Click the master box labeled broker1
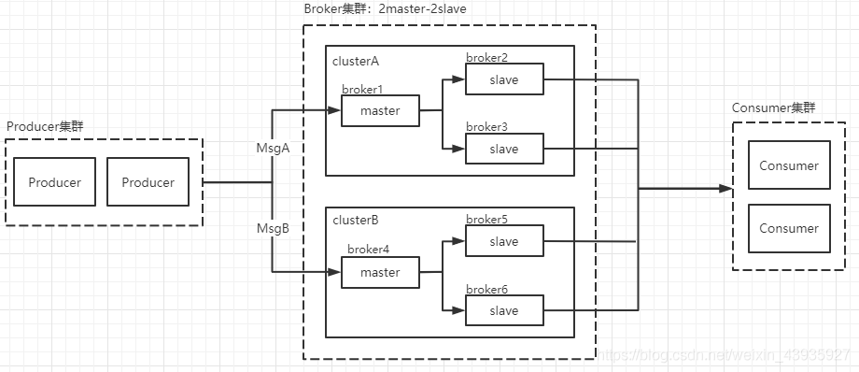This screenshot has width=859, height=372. [x=379, y=111]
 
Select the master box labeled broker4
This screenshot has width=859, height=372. [x=379, y=273]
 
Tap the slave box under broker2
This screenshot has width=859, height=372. [x=503, y=80]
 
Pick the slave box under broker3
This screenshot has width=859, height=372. [x=503, y=149]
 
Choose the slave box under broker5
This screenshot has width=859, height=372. [x=503, y=242]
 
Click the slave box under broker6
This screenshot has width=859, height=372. [x=503, y=310]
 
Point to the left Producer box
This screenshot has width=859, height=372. [x=54, y=182]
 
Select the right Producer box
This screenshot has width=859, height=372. [x=148, y=182]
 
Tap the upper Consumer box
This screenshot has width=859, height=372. [x=789, y=166]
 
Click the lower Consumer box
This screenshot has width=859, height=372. [x=789, y=228]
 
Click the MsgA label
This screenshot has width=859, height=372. [x=274, y=148]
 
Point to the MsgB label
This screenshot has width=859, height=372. [x=274, y=227]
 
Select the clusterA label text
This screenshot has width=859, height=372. [x=356, y=61]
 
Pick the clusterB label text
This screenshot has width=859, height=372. [x=356, y=222]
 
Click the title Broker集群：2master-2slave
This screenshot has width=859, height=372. [x=385, y=8]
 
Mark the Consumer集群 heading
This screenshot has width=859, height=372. [x=772, y=107]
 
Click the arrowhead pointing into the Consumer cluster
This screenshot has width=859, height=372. [x=725, y=189]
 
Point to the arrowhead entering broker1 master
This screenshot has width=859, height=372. [x=334, y=111]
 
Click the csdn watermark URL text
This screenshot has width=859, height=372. [x=724, y=356]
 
